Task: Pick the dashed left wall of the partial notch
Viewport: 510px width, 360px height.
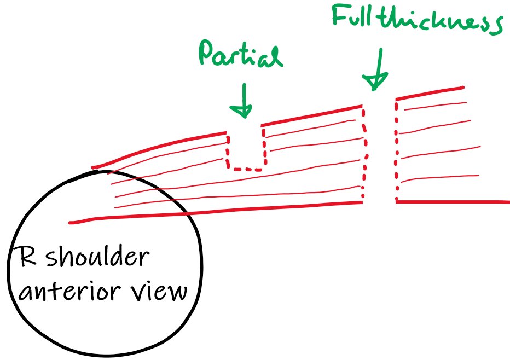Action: click(228, 150)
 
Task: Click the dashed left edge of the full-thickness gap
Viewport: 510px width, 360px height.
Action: click(364, 153)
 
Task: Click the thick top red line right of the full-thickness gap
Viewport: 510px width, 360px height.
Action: click(430, 93)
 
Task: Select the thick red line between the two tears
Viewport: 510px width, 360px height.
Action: click(312, 115)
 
